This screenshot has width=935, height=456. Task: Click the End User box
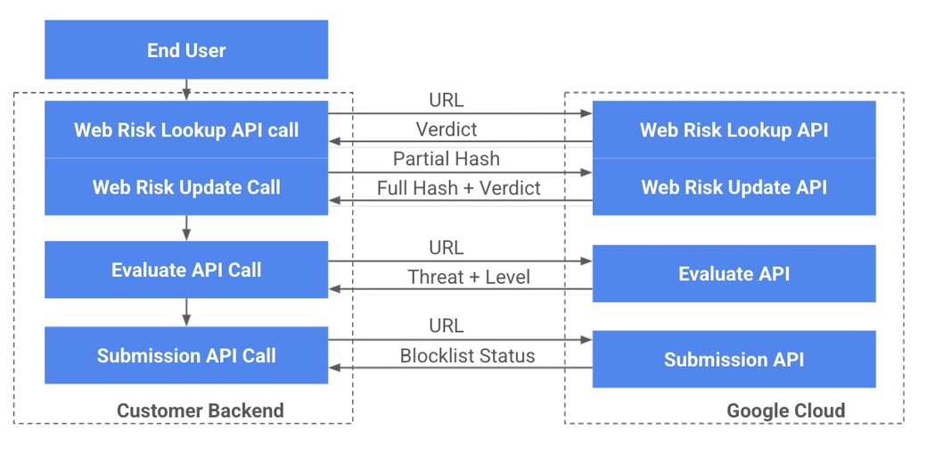pyautogui.click(x=186, y=50)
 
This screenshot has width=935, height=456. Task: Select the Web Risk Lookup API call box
pyautogui.click(x=186, y=129)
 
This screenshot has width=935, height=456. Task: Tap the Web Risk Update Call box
pyautogui.click(x=186, y=187)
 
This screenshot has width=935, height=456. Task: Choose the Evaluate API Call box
pyautogui.click(x=186, y=269)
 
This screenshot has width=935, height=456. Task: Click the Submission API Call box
pyautogui.click(x=186, y=355)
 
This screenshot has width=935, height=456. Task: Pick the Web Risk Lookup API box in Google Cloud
pyautogui.click(x=734, y=129)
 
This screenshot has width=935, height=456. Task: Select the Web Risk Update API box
pyautogui.click(x=734, y=187)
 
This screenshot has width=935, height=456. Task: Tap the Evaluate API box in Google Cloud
pyautogui.click(x=734, y=273)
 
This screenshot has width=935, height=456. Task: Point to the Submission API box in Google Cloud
pyautogui.click(x=734, y=360)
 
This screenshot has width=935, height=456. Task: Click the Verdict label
pyautogui.click(x=447, y=129)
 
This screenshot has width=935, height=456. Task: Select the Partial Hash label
pyautogui.click(x=447, y=159)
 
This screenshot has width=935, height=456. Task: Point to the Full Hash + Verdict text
pyautogui.click(x=458, y=188)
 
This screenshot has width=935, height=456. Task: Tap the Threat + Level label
pyautogui.click(x=469, y=277)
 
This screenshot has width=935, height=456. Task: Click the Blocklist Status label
pyautogui.click(x=467, y=356)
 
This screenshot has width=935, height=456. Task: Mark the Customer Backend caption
pyautogui.click(x=201, y=410)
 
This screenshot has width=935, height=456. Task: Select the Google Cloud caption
pyautogui.click(x=785, y=410)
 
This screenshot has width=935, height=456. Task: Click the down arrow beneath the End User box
pyautogui.click(x=186, y=89)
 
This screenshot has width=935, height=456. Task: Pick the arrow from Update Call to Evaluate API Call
pyautogui.click(x=186, y=228)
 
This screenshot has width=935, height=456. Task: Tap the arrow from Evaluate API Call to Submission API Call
pyautogui.click(x=186, y=311)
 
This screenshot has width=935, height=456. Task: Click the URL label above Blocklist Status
pyautogui.click(x=447, y=327)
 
